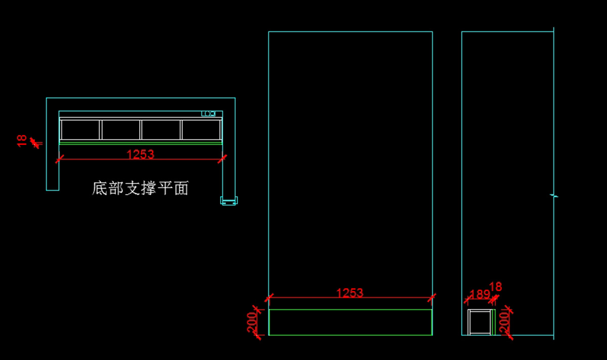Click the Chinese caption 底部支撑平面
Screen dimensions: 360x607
point(140,189)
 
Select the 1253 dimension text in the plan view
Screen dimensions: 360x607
point(140,154)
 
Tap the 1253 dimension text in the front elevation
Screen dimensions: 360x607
point(350,292)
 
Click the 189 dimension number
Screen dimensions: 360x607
point(480,294)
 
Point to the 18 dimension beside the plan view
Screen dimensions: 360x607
point(22,140)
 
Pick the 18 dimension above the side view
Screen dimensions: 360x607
point(496,287)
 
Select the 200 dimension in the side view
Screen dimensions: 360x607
point(504,322)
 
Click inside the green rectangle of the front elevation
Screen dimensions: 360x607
point(350,322)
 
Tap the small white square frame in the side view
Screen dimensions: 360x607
point(480,322)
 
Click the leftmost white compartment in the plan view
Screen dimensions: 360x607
point(80,129)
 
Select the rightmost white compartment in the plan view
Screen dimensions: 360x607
point(201,129)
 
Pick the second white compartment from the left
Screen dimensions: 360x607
point(121,129)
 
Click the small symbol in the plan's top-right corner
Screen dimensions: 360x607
point(208,114)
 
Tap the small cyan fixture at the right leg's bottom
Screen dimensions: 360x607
point(229,201)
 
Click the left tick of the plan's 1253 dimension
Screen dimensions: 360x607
point(59,159)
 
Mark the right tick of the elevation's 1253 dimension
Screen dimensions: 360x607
point(432,297)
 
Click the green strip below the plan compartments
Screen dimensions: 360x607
point(141,143)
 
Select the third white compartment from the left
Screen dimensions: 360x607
point(161,129)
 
